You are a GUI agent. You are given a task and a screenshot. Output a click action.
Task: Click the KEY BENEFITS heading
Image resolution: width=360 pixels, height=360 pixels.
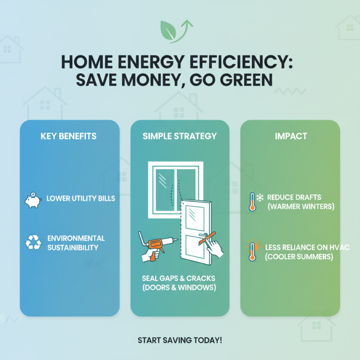(69, 136)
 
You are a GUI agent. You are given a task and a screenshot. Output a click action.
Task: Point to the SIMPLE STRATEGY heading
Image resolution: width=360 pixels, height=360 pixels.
(180, 136)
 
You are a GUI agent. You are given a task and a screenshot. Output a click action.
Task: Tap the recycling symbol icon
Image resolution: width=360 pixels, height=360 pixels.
(33, 243)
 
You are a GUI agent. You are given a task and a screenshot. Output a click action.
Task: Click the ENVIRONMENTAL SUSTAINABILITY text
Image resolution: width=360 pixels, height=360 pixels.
(76, 243)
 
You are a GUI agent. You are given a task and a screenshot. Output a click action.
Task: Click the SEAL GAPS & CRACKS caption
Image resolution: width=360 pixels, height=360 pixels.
(180, 278)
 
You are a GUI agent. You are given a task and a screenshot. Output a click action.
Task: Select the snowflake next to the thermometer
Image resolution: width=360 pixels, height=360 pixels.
(260, 198)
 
